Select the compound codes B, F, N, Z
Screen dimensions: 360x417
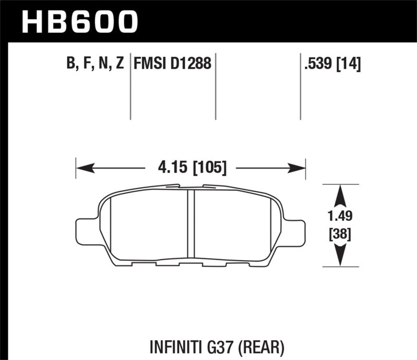click(94, 64)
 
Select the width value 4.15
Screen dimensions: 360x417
click(168, 168)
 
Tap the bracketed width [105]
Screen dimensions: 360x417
click(210, 168)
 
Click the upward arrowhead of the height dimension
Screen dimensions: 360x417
click(340, 195)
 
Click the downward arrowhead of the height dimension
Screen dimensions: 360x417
click(340, 256)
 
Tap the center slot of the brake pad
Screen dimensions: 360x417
click(190, 224)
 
